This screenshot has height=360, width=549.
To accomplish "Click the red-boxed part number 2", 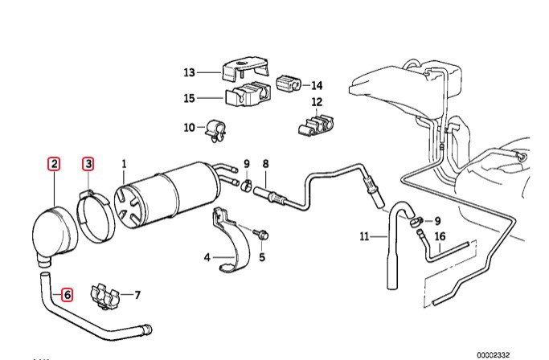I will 54,165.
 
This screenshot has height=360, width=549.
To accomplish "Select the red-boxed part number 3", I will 88,165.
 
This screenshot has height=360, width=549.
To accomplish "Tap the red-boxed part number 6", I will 68,295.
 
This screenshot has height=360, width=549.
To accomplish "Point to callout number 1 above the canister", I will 124,165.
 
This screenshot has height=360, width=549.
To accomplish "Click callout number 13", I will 190,72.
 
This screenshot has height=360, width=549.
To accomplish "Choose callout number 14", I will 317,84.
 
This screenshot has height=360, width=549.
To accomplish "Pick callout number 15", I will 190,100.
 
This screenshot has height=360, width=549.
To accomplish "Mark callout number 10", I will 190,127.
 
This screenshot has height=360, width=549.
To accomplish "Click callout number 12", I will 317,102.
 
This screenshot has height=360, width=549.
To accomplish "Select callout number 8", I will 265,165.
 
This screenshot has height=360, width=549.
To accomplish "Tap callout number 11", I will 364,235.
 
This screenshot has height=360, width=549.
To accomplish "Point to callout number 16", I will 439,235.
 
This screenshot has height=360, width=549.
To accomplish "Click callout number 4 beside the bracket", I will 207,258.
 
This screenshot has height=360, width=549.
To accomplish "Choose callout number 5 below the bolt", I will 261,258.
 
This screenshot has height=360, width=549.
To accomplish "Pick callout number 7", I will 137,295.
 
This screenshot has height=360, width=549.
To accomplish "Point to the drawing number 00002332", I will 514,353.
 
